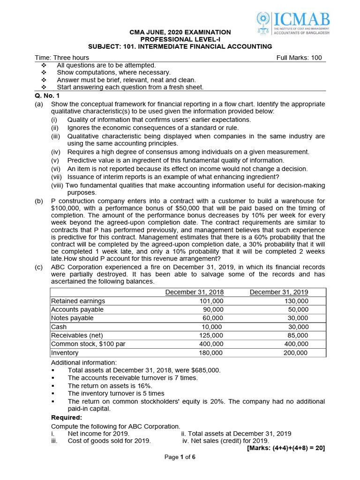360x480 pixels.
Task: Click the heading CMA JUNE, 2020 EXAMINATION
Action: click(180, 32)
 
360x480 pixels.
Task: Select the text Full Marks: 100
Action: click(299, 58)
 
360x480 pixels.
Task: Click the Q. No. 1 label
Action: click(48, 95)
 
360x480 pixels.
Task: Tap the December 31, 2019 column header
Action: click(279, 292)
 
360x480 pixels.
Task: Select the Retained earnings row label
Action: click(78, 301)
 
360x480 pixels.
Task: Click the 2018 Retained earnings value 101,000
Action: click(211, 301)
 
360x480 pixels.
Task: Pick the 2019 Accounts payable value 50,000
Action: click(298, 309)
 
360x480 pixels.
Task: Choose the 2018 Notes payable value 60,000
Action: click(213, 318)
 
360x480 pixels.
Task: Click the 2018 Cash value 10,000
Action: click(211, 327)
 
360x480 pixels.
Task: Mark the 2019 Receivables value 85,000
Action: click(298, 335)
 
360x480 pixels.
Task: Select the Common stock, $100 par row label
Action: click(88, 344)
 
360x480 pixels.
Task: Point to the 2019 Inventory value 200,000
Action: click(296, 352)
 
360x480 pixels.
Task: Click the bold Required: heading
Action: click(66, 417)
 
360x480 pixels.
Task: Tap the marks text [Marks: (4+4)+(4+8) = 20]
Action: click(285, 448)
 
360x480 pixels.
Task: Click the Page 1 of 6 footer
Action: click(180, 457)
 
